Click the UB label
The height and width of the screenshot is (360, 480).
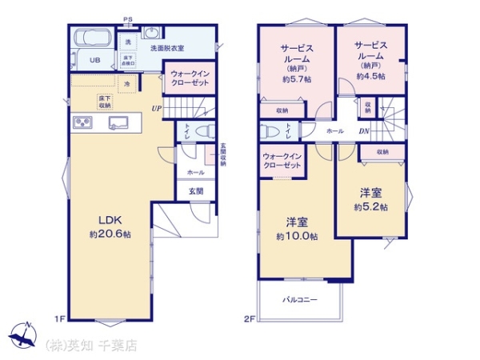pos(94,60)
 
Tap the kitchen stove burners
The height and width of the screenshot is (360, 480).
pos(84,122)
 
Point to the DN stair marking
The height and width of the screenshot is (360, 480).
pos(363,131)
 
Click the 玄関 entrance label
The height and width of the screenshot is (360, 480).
pos(196,191)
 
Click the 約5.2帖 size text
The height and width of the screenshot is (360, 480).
pos(371,206)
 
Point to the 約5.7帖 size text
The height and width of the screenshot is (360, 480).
pos(296,79)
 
